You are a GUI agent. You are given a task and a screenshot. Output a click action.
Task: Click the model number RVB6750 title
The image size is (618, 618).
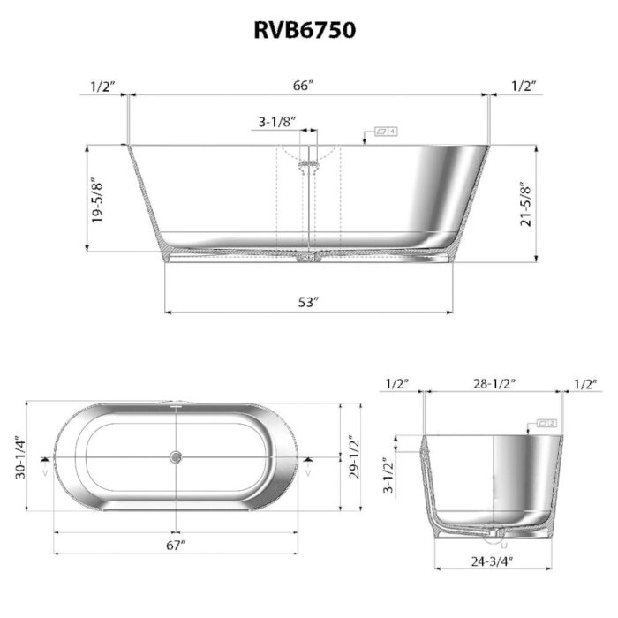(x=306, y=31)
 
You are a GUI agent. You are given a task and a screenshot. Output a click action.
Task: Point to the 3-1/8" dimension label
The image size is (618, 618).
(x=276, y=121)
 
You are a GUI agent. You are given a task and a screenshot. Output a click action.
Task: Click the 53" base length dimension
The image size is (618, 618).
(x=307, y=302)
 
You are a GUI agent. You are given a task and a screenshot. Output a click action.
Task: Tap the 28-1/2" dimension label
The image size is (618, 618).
(x=494, y=383)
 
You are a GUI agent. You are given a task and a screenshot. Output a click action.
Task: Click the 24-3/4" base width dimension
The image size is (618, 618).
(x=493, y=560)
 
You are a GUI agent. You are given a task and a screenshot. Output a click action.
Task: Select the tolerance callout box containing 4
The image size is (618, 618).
(x=386, y=132)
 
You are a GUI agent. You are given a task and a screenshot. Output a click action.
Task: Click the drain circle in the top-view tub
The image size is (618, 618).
(x=176, y=457)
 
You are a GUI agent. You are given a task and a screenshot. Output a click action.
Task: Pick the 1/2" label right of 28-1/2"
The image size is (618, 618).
(x=585, y=383)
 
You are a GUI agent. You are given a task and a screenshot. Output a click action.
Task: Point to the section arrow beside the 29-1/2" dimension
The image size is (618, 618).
(x=306, y=460)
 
